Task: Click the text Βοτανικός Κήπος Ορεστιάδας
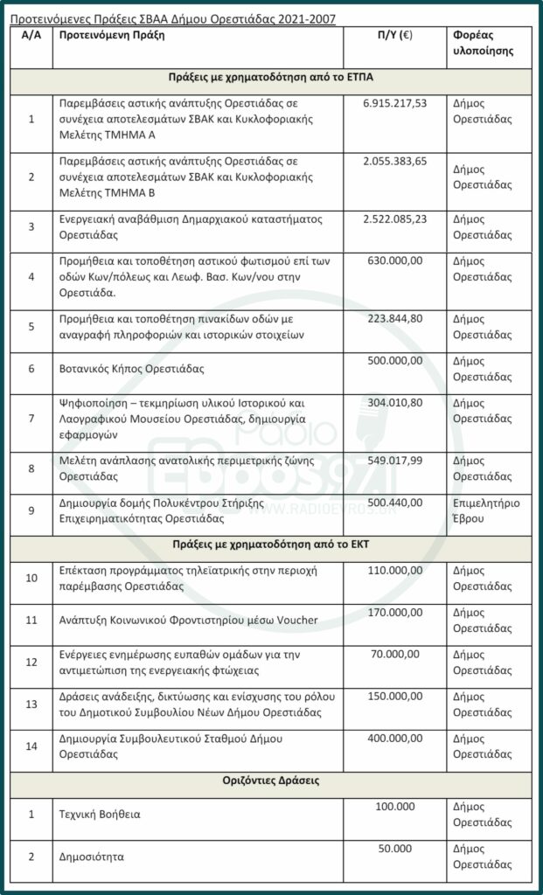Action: click(x=131, y=369)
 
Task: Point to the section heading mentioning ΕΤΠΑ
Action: click(x=270, y=77)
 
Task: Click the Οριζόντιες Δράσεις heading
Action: click(x=270, y=781)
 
